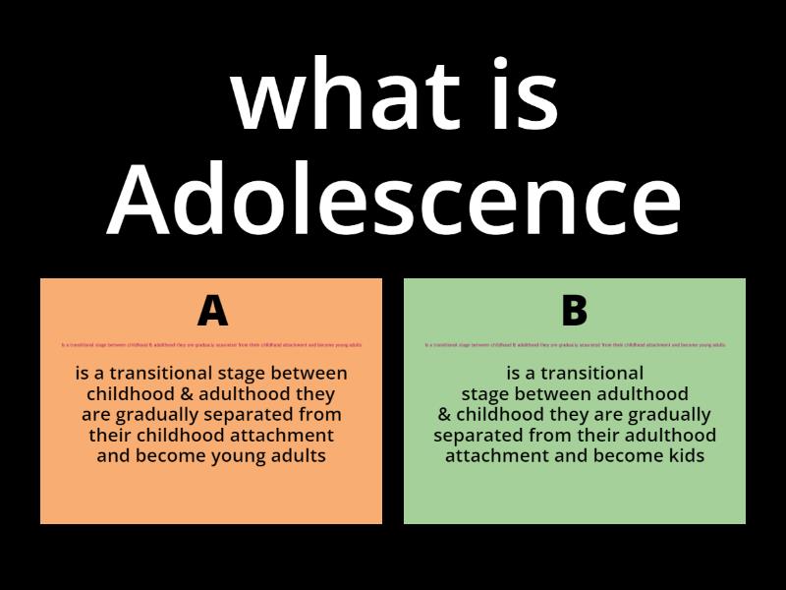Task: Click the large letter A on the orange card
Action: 212,311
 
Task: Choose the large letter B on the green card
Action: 574,311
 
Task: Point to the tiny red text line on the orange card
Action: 212,345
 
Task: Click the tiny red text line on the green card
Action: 575,345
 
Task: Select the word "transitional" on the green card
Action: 588,374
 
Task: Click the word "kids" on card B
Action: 686,456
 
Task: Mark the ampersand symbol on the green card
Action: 444,415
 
